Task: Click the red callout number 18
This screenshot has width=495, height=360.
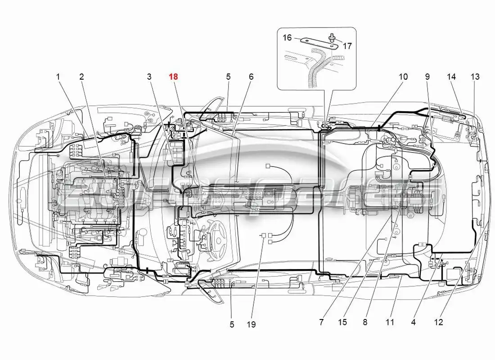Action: tap(173, 77)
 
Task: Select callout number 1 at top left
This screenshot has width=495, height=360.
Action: tap(58, 77)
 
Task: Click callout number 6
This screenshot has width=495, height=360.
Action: tap(251, 77)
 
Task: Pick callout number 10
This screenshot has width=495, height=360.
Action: tap(403, 77)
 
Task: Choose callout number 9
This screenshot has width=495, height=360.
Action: tap(427, 77)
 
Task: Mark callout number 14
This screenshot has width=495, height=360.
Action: tap(451, 77)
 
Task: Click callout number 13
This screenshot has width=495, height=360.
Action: tap(475, 77)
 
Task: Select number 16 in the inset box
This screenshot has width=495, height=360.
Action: tap(287, 38)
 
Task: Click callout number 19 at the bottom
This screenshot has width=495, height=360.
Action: tap(251, 324)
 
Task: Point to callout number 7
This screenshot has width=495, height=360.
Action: tap(321, 322)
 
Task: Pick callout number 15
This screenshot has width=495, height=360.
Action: tap(344, 322)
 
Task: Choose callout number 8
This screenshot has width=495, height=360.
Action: tap(365, 322)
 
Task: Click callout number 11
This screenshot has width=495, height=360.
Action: tap(390, 322)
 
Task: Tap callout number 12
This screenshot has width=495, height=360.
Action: tap(439, 322)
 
